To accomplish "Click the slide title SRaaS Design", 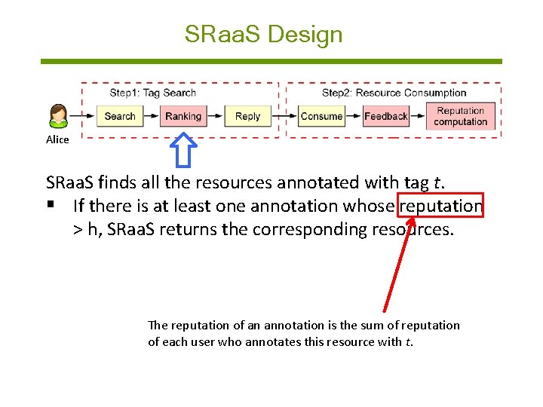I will (263, 35).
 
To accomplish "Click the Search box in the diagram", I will (119, 116).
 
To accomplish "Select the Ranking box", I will (183, 116).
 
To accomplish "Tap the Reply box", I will (247, 116).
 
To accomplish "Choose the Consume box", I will (321, 116).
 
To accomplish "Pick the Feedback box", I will (385, 116).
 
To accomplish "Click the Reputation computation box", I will (461, 116).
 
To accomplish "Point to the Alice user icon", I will (58, 116).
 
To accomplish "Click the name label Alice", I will (57, 139).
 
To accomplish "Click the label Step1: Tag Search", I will (153, 93).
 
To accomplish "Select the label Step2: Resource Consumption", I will (394, 93).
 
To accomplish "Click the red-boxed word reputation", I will (441, 206).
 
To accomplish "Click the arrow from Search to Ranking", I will (150, 116).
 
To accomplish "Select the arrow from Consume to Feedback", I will (354, 116).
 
